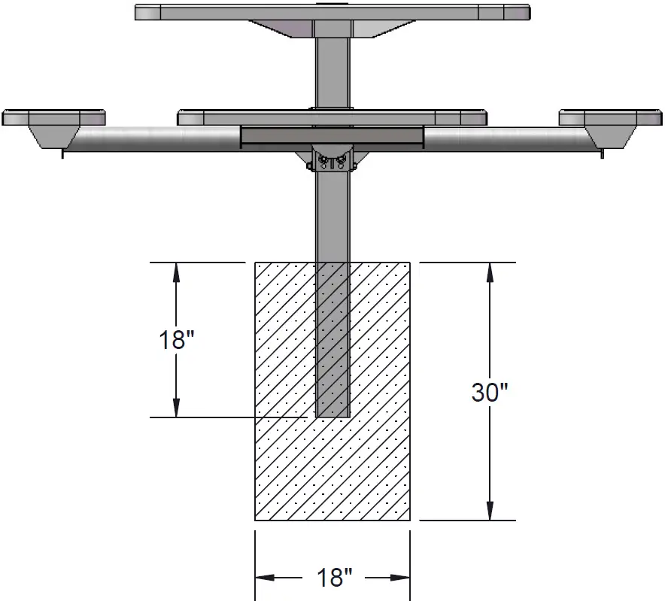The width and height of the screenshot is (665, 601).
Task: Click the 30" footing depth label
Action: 490,392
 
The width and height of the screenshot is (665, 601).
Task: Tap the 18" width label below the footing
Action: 333,578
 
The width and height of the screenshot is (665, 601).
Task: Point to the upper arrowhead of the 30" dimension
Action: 490,270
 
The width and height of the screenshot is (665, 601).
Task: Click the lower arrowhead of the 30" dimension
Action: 490,511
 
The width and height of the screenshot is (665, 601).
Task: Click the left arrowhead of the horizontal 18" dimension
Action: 263,578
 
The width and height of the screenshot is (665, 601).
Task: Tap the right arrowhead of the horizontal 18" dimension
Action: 402,578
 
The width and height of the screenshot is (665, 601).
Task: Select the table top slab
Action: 332,12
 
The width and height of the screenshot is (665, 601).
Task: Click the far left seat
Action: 53,117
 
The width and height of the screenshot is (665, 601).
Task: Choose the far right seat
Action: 611,117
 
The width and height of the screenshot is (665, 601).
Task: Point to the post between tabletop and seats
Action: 332,71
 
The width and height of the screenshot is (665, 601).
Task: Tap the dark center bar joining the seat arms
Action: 332,136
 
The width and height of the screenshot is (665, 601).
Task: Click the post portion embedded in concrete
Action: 332,338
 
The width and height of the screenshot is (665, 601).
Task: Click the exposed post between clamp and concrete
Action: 332,218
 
